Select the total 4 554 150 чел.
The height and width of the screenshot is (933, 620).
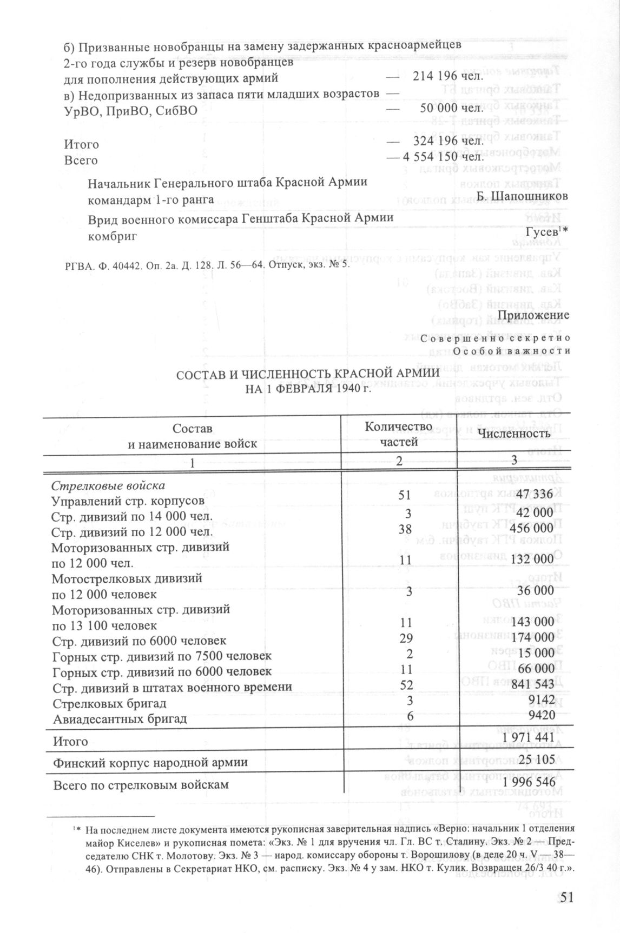coord(443,158)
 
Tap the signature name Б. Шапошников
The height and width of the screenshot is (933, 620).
coord(523,196)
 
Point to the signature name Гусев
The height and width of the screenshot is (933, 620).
coord(542,232)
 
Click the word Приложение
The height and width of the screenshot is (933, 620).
coord(533,315)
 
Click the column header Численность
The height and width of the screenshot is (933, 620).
coord(514,433)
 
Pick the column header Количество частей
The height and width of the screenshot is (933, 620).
coord(399,434)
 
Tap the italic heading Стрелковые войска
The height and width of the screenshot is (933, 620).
coord(108,484)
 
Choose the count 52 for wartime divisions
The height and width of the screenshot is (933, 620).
coord(406,685)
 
